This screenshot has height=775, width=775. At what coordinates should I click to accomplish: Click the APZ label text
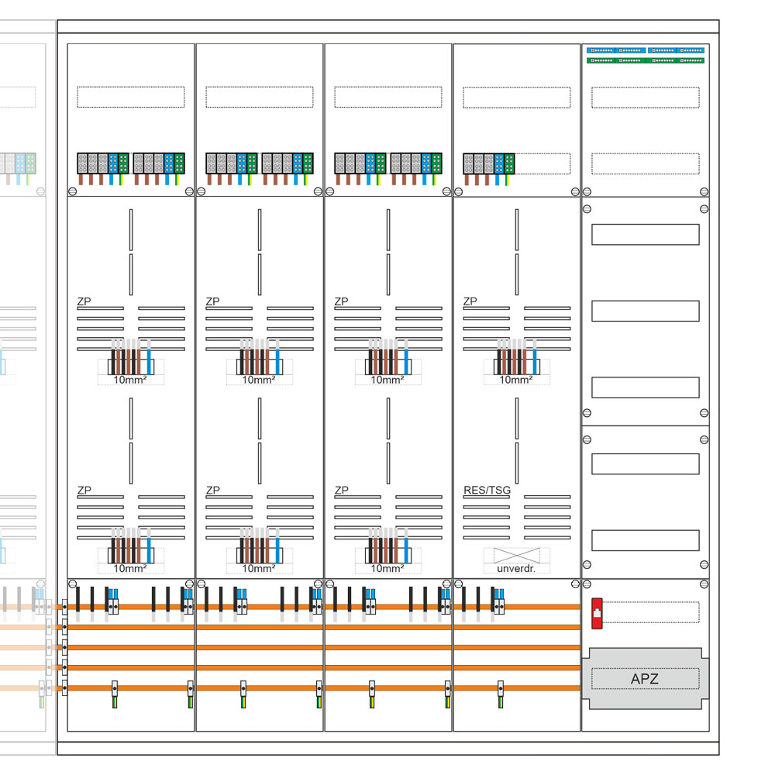[x=645, y=680]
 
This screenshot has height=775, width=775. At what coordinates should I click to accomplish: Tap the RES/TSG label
[x=487, y=491]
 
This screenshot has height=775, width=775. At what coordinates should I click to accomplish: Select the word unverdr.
[x=516, y=568]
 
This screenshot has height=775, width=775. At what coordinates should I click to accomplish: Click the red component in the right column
[x=596, y=612]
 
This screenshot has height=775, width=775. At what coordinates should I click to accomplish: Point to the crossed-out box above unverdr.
[x=516, y=555]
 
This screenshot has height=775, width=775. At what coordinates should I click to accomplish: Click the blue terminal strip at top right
[x=646, y=50]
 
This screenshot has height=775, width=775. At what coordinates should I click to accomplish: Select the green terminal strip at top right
[x=646, y=60]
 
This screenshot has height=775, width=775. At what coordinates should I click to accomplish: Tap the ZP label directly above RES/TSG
[x=470, y=301]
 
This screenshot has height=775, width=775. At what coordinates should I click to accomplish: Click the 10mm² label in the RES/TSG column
[x=516, y=380]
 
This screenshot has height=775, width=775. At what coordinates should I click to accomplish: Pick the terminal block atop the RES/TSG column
[x=489, y=163]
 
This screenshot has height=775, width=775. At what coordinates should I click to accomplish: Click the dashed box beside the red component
[x=651, y=612]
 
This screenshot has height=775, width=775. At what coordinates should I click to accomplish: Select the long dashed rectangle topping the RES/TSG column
[x=516, y=98]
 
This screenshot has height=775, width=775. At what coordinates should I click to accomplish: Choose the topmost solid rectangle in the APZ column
[x=645, y=234]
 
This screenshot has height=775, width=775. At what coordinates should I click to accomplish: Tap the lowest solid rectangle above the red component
[x=645, y=540]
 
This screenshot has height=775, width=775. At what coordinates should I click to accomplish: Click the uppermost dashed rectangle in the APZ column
[x=645, y=98]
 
